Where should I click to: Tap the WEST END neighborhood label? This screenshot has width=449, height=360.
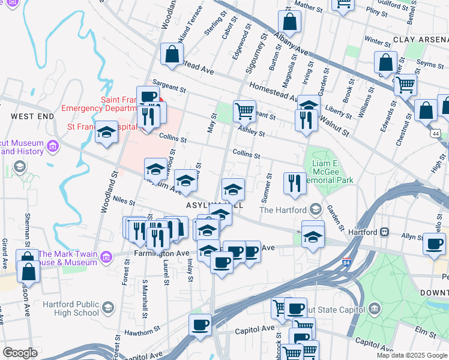tap(28, 115)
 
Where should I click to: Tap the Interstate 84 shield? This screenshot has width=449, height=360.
tap(347, 263)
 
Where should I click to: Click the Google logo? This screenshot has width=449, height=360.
tap(20, 353)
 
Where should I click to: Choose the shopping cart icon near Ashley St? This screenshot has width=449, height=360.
tap(244, 110)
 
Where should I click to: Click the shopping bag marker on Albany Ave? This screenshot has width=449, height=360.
tap(290, 22)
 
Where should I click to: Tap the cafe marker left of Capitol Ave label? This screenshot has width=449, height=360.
tap(200, 325)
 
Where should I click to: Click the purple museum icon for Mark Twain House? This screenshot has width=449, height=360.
tap(106, 257)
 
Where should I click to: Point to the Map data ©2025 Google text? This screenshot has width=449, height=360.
tap(411, 355)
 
